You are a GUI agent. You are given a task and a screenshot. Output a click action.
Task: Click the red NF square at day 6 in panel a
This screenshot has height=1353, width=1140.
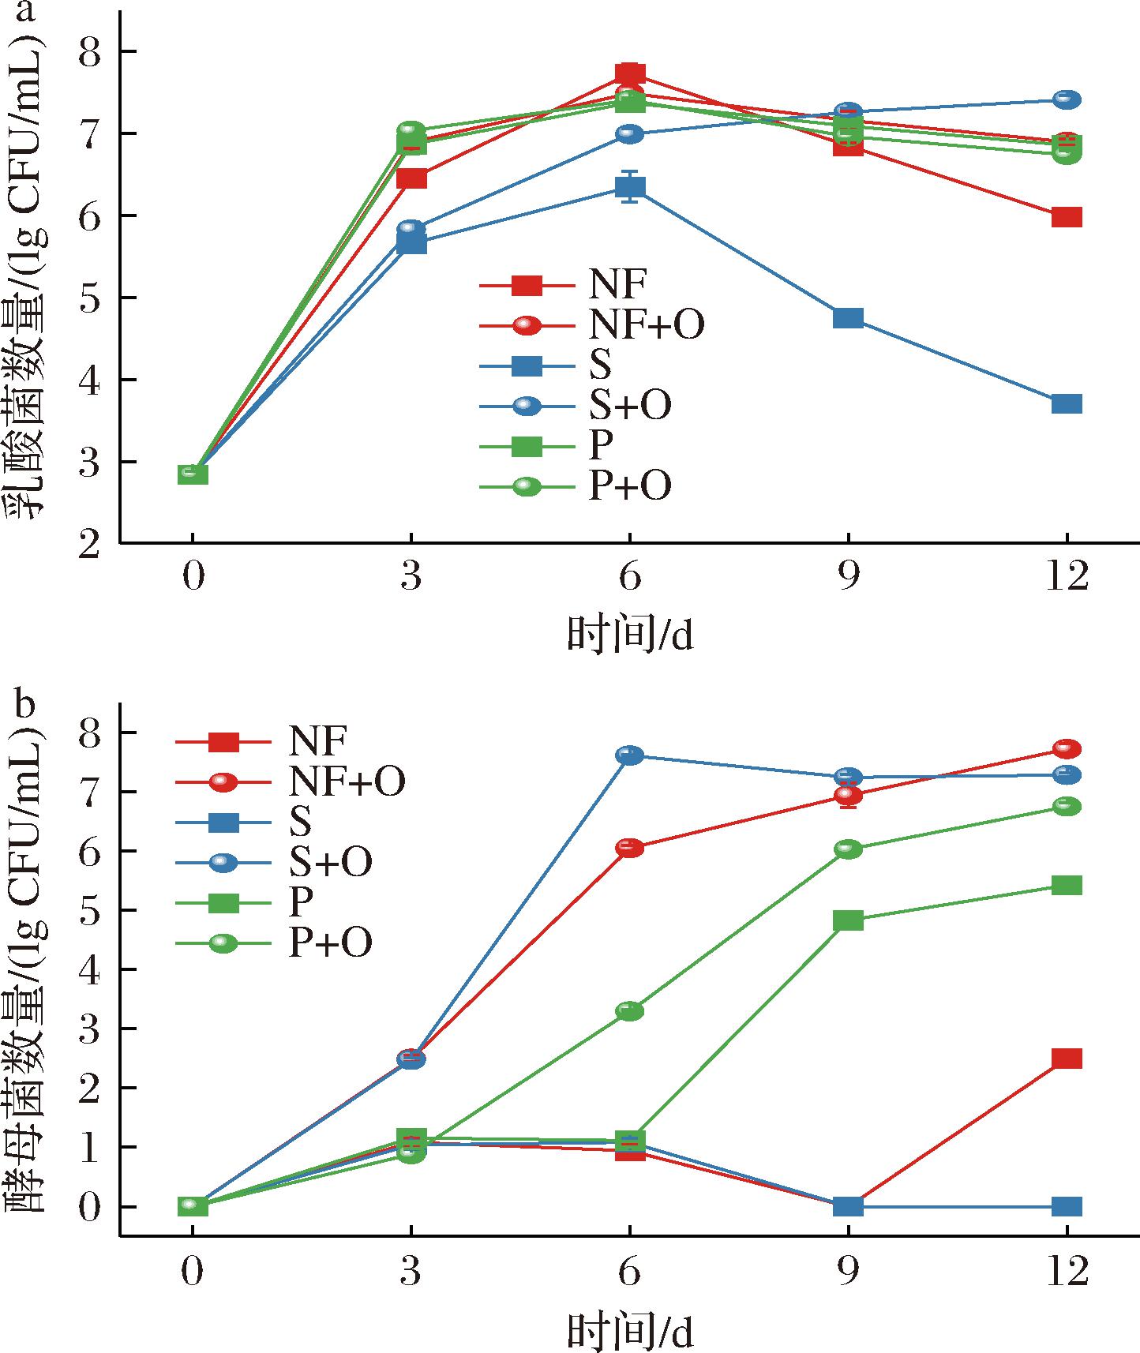click(629, 74)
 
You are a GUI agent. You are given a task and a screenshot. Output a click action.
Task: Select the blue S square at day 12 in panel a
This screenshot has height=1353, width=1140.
click(1067, 404)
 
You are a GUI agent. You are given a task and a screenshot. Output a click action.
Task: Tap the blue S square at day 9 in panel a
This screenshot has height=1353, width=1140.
click(848, 319)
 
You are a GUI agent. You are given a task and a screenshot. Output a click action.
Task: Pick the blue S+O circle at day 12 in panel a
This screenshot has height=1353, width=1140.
click(1067, 99)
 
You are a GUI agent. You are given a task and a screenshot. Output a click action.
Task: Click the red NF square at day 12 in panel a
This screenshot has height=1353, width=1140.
click(1067, 217)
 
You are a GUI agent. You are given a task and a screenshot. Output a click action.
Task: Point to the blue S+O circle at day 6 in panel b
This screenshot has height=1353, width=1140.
click(629, 755)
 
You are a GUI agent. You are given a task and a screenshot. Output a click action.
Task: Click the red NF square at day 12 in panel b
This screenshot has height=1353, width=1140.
click(1067, 1059)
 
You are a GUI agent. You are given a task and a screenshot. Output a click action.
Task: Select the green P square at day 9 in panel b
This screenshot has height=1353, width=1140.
click(848, 920)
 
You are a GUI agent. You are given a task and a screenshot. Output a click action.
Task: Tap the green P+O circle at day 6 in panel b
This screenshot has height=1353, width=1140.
click(629, 1011)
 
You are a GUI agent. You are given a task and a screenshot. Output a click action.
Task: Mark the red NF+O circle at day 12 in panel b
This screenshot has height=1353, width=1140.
click(1067, 748)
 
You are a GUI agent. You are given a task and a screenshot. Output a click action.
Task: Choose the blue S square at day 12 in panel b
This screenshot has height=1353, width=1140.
click(1067, 1206)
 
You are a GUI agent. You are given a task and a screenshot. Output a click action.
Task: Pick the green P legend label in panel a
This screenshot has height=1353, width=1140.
click(601, 446)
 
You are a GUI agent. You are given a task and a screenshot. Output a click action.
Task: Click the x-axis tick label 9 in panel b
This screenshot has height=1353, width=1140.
click(848, 1272)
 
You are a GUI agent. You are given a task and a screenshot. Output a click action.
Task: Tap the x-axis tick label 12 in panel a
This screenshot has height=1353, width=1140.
click(1067, 578)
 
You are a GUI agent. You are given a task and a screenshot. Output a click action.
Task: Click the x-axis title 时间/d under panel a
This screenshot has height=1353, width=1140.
click(629, 635)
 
